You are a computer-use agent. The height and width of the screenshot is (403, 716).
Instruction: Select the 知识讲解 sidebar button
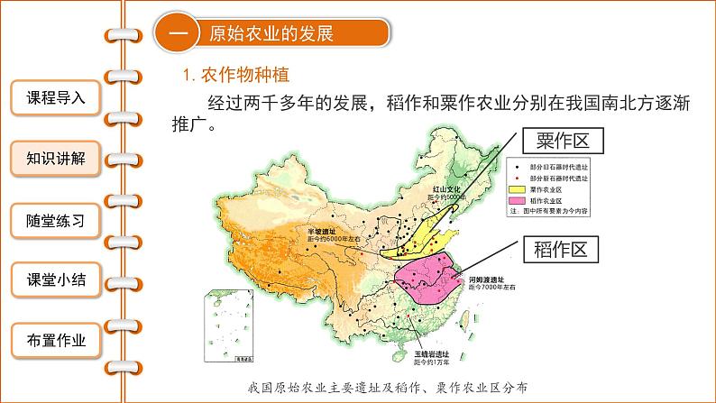coord(56,159)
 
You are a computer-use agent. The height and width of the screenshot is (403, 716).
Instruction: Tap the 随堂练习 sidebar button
coord(56,219)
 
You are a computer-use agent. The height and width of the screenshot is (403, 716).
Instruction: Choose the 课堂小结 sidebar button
coord(56,279)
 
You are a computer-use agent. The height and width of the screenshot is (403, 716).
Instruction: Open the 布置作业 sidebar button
coord(56,340)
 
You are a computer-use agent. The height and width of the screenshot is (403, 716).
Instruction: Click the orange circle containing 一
coord(177,34)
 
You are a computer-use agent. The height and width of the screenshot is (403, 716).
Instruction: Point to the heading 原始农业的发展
coord(271,34)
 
